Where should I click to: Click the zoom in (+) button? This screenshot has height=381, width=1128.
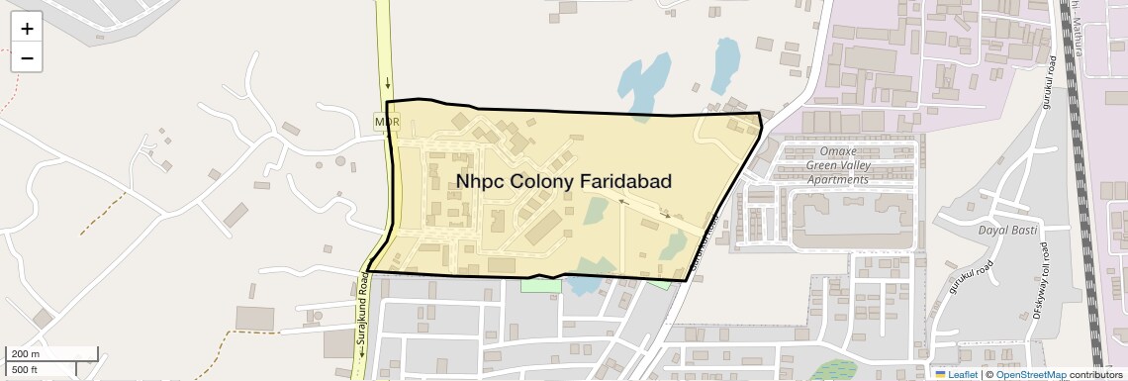coord(27,29)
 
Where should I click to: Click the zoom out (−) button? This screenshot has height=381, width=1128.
coord(27,58)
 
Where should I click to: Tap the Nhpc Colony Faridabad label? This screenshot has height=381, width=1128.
coord(564,182)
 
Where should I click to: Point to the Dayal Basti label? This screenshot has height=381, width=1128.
coord(1005,230)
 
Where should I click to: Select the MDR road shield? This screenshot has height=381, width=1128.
coord(387,121)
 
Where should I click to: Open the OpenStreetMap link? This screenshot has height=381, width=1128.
coord(1031,374)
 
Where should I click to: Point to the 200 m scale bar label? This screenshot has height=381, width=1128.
coord(25,354)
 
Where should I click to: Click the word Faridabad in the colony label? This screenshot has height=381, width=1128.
coord(625,182)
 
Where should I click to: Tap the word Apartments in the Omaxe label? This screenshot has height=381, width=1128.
coord(837,179)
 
